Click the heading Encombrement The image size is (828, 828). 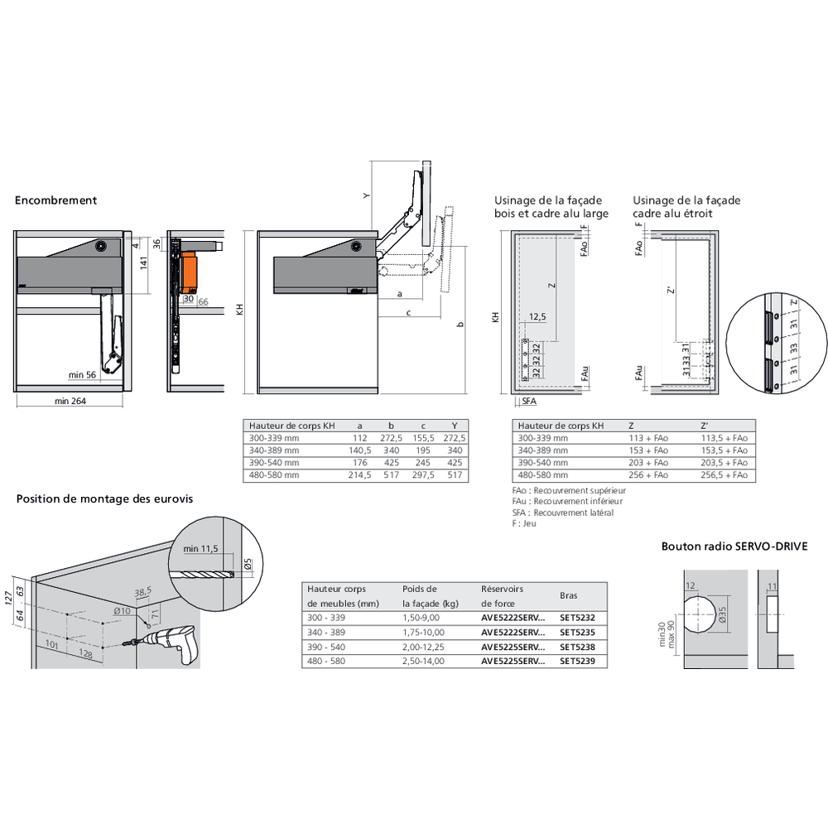[55, 200]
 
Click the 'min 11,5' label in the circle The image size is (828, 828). [200, 549]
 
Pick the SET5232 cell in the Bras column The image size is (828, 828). [577, 617]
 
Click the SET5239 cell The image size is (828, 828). [577, 661]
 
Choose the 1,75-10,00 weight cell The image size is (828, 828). [423, 632]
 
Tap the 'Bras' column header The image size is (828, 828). [569, 595]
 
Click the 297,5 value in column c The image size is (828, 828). [421, 476]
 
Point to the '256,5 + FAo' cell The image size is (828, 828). [724, 476]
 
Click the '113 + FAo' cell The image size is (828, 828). [648, 438]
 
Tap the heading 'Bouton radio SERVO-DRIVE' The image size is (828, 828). [734, 546]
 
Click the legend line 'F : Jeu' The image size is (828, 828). [524, 524]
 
